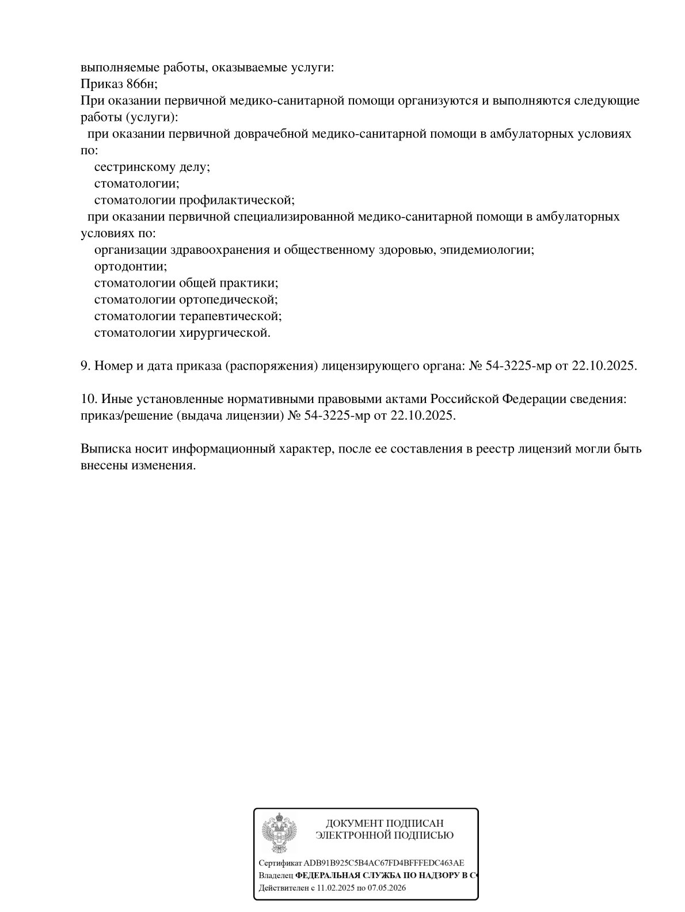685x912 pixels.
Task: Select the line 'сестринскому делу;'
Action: click(x=152, y=167)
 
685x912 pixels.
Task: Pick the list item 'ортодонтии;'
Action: click(x=131, y=267)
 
